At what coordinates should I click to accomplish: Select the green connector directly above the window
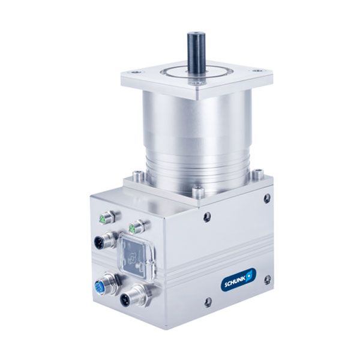point(137,227)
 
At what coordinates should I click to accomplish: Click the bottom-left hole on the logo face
point(207,302)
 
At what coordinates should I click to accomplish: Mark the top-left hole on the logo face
point(207,217)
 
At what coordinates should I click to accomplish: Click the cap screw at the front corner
point(197,192)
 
